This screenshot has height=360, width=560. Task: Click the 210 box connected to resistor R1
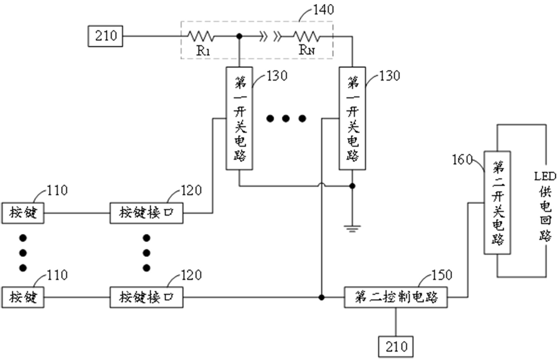(105, 36)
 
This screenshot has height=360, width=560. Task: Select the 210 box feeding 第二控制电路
(396, 347)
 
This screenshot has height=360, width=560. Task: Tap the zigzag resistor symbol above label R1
(200, 36)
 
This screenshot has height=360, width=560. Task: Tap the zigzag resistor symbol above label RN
(306, 36)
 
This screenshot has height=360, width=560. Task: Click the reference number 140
(323, 10)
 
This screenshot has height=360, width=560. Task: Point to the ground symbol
(352, 228)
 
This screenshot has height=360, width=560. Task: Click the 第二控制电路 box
(396, 297)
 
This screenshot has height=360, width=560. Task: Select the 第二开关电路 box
(497, 203)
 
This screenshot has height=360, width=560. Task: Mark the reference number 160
(462, 160)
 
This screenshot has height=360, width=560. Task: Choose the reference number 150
(441, 275)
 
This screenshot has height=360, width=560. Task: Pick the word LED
(545, 177)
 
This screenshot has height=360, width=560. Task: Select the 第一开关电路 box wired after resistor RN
(352, 118)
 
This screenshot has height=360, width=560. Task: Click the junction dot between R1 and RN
(239, 36)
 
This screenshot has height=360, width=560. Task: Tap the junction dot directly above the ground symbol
(352, 186)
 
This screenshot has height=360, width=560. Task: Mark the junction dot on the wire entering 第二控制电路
(321, 297)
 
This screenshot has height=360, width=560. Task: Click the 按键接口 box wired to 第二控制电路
(146, 297)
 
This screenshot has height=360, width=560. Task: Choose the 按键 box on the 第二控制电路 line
(23, 297)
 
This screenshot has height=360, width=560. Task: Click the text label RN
(306, 50)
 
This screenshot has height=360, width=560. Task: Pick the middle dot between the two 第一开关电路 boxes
(286, 119)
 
